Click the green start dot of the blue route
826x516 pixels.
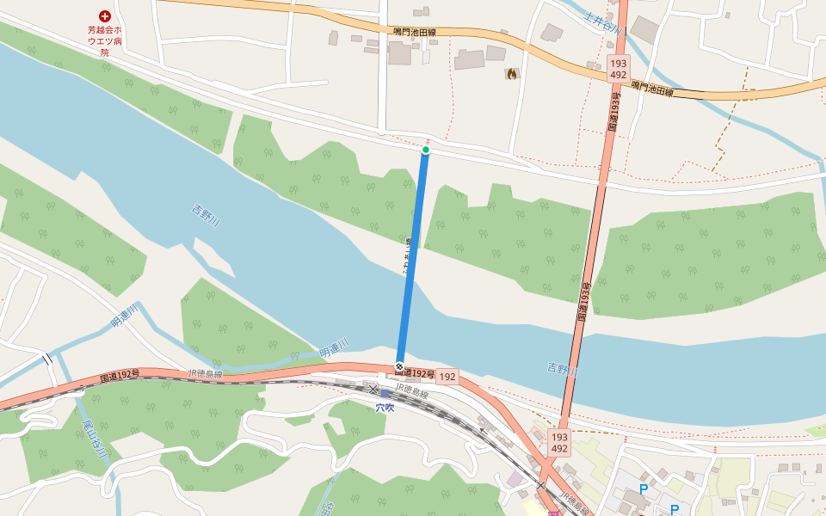tap(425, 150)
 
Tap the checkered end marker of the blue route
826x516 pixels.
tap(399, 367)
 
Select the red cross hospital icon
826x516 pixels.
tap(105, 15)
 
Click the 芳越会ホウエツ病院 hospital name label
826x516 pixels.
tap(104, 40)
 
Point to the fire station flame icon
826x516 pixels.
tap(512, 74)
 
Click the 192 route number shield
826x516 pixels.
tap(447, 377)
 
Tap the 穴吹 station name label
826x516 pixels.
tap(385, 408)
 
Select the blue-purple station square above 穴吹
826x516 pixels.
tap(385, 394)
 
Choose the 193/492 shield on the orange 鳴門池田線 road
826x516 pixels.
tap(618, 69)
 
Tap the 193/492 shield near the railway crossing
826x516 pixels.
tap(559, 442)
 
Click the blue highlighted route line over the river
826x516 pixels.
tap(412, 258)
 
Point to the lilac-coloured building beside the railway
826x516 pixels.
tap(515, 479)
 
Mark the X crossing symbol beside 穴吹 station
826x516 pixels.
tap(373, 390)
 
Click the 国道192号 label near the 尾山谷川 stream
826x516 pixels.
tap(120, 376)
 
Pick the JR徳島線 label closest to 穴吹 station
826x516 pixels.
tap(412, 394)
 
